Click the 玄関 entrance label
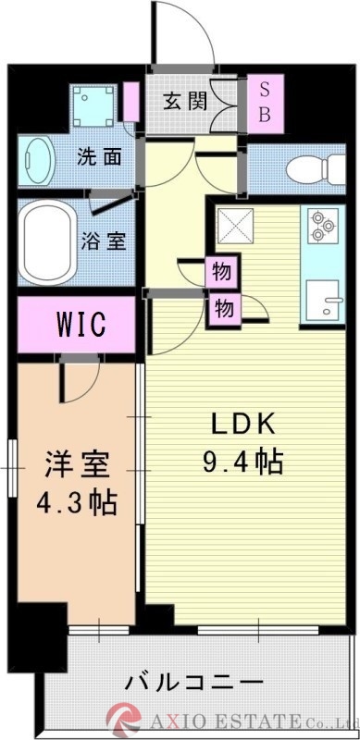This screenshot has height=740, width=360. pos(184,101)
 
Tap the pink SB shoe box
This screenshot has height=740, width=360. pos(264,102)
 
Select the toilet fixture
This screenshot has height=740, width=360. pos(306,170)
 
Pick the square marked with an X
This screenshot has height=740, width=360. pos(231,224)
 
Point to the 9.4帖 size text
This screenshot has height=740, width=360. pos(243,460)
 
